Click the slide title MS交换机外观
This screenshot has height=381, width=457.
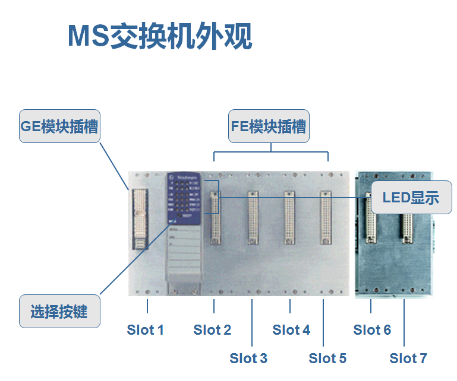[159, 36]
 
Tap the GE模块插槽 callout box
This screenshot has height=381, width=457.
[59, 126]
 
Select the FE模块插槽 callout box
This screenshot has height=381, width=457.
[269, 126]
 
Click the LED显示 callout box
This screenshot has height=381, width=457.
[411, 197]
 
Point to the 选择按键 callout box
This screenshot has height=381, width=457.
[59, 311]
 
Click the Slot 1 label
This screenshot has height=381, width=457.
[145, 330]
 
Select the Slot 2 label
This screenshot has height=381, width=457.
[212, 330]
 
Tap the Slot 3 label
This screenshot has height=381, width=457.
[248, 358]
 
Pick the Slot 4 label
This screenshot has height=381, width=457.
[291, 330]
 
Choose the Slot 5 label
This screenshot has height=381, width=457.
[327, 358]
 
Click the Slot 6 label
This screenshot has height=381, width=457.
[372, 330]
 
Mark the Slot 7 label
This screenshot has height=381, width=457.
[408, 358]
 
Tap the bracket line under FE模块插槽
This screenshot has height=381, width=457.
[270, 152]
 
